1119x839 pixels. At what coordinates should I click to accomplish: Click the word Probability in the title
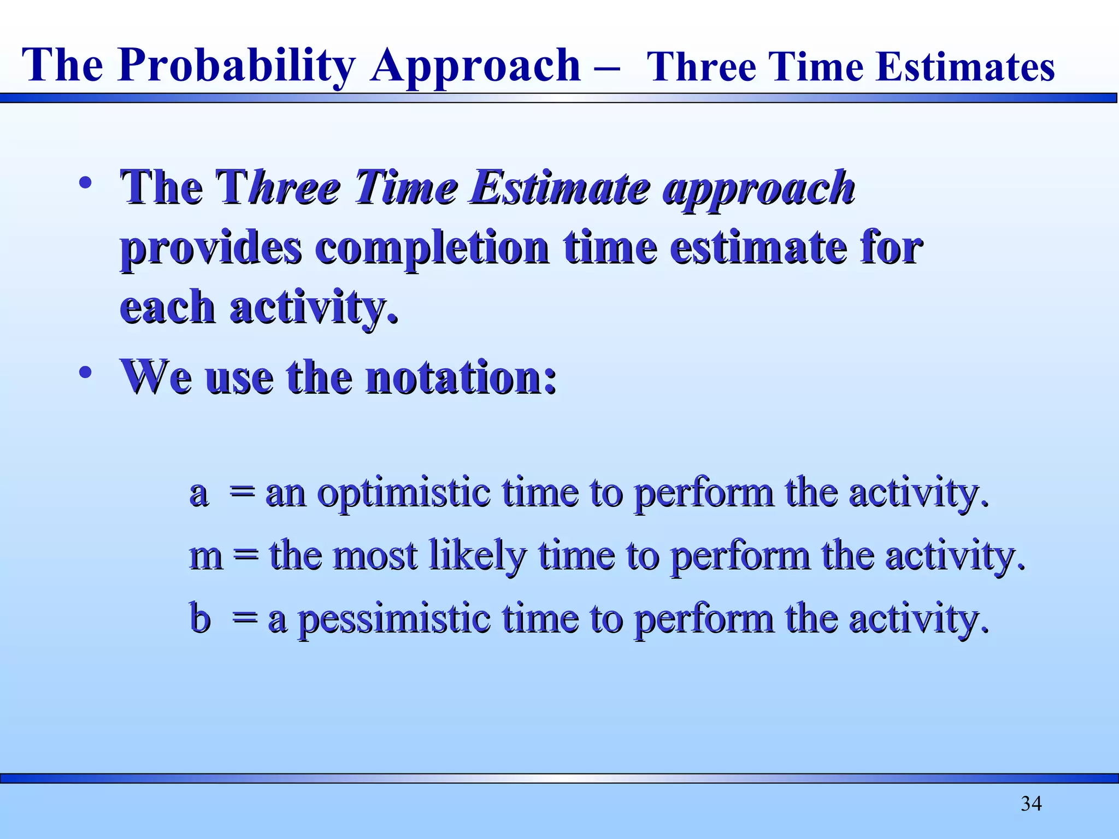pyautogui.click(x=237, y=66)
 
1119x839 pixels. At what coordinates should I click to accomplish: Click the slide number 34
pyautogui.click(x=1031, y=803)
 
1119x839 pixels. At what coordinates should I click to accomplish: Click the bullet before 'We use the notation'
pyautogui.click(x=85, y=373)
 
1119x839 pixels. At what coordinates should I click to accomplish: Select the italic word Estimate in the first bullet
pyautogui.click(x=560, y=188)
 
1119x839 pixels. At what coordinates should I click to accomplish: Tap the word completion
pyautogui.click(x=432, y=248)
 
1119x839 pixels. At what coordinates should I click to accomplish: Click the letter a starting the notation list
pyautogui.click(x=199, y=493)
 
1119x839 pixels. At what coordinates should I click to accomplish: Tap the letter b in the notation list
pyautogui.click(x=200, y=618)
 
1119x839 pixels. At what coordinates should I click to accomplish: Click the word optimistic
pyautogui.click(x=404, y=493)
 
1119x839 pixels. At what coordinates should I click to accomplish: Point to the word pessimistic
pyautogui.click(x=394, y=619)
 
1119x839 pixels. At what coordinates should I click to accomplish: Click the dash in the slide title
pyautogui.click(x=605, y=69)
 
